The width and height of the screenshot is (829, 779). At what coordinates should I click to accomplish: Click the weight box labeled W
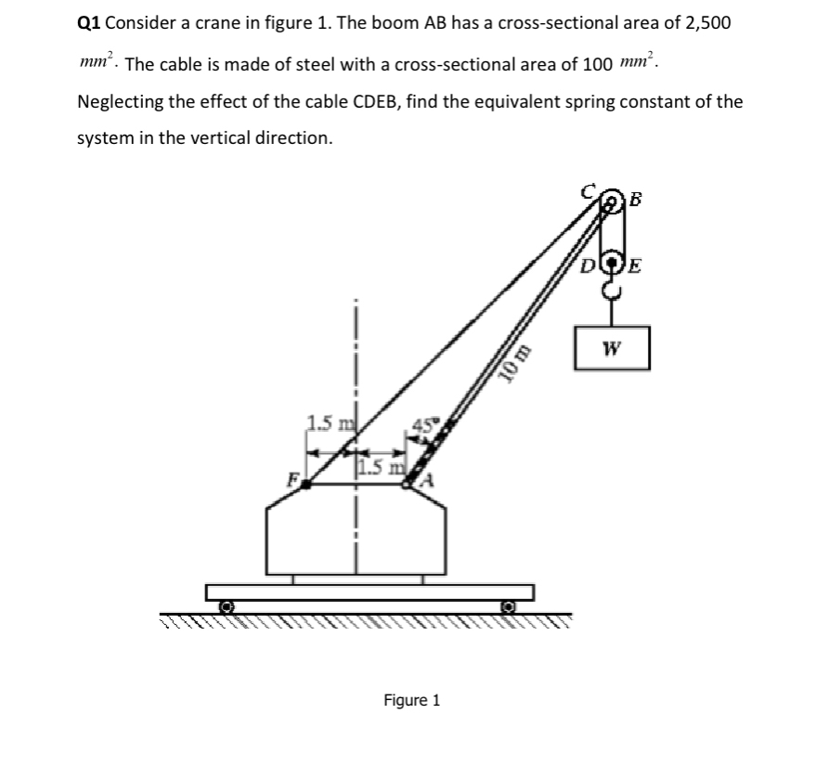pyautogui.click(x=611, y=348)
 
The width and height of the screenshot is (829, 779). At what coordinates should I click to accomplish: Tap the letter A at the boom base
pyautogui.click(x=428, y=481)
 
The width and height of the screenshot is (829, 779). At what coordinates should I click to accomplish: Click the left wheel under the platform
pyautogui.click(x=226, y=606)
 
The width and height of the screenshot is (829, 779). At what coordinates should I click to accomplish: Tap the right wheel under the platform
pyautogui.click(x=508, y=606)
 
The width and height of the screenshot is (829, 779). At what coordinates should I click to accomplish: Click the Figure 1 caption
pyautogui.click(x=412, y=699)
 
